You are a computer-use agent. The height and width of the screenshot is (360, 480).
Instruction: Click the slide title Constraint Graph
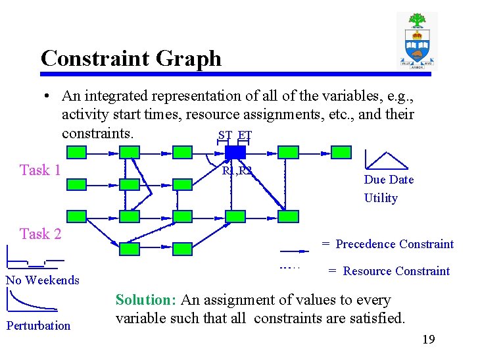click(x=131, y=59)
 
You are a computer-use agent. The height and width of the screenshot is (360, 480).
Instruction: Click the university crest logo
click(x=417, y=41)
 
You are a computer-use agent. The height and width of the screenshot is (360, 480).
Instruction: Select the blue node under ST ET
click(x=235, y=153)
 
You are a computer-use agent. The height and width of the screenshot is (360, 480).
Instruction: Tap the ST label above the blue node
click(x=225, y=136)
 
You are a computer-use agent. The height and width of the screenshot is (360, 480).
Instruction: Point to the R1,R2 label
click(x=237, y=171)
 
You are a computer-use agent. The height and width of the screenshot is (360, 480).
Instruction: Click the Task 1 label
click(x=40, y=170)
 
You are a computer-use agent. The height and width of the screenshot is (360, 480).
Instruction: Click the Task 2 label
click(x=40, y=234)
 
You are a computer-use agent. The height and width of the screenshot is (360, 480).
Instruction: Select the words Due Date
click(x=389, y=180)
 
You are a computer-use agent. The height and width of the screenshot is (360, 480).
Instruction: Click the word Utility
click(x=381, y=197)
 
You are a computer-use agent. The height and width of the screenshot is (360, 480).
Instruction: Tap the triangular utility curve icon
click(x=386, y=161)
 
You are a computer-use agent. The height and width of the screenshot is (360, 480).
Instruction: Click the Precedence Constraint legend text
click(x=395, y=244)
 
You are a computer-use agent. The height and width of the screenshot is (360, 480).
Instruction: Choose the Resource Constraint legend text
click(x=396, y=271)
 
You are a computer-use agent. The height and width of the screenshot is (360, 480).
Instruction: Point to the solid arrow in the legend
click(x=293, y=251)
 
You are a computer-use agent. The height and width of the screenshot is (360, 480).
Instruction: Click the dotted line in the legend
click(x=289, y=268)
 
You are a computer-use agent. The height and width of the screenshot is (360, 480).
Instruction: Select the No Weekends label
click(x=42, y=280)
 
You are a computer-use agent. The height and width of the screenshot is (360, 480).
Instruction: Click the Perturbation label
click(x=38, y=325)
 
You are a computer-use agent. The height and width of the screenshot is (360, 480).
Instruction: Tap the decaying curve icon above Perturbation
click(x=31, y=301)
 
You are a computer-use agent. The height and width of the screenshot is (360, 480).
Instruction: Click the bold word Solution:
click(x=146, y=300)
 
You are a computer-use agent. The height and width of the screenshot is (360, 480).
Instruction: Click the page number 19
click(x=428, y=340)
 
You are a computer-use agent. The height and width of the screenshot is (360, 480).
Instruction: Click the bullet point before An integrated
click(x=48, y=96)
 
